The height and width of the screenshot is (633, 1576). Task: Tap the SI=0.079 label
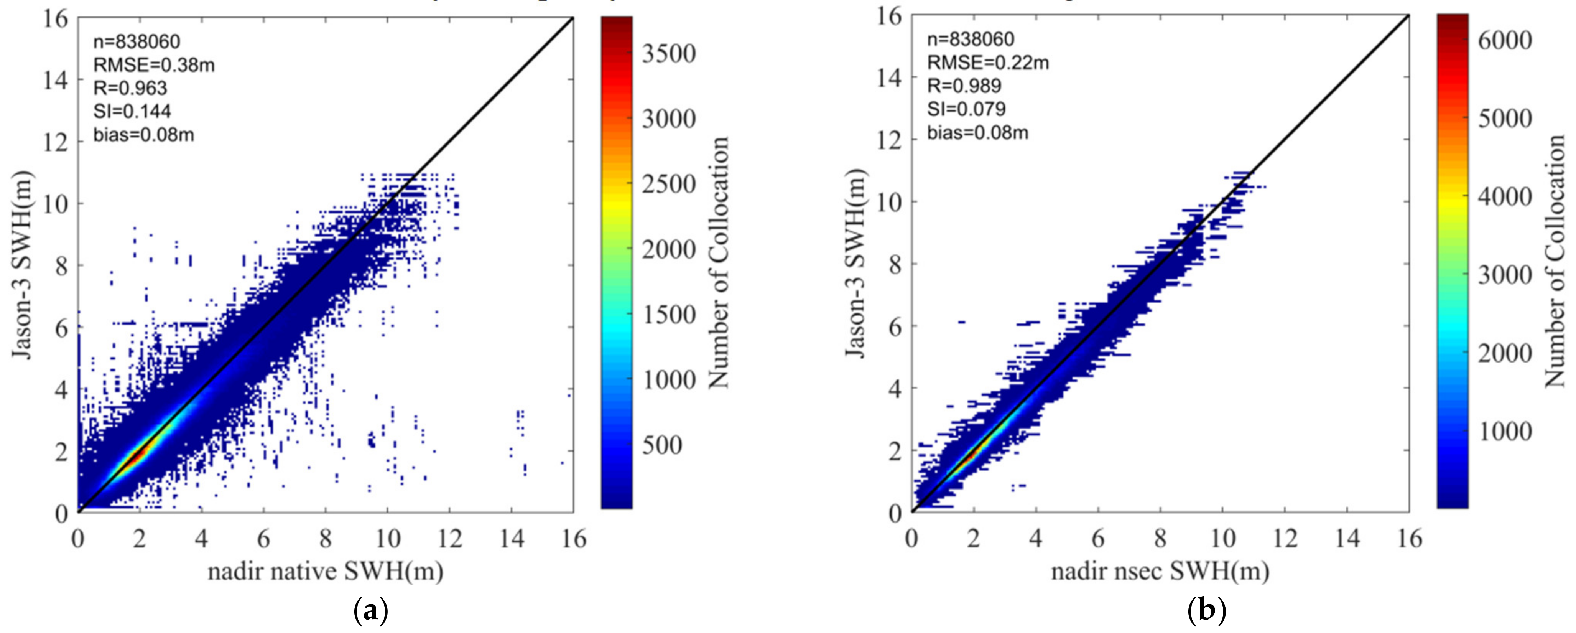966,109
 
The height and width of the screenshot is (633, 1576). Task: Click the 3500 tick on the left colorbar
668,54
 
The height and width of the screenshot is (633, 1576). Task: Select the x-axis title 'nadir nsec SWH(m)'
1160,572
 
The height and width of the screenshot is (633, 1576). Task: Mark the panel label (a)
371,611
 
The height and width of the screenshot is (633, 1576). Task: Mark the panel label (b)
1206,611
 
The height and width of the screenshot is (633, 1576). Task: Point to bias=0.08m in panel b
977,132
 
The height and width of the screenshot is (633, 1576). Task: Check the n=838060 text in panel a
137,42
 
